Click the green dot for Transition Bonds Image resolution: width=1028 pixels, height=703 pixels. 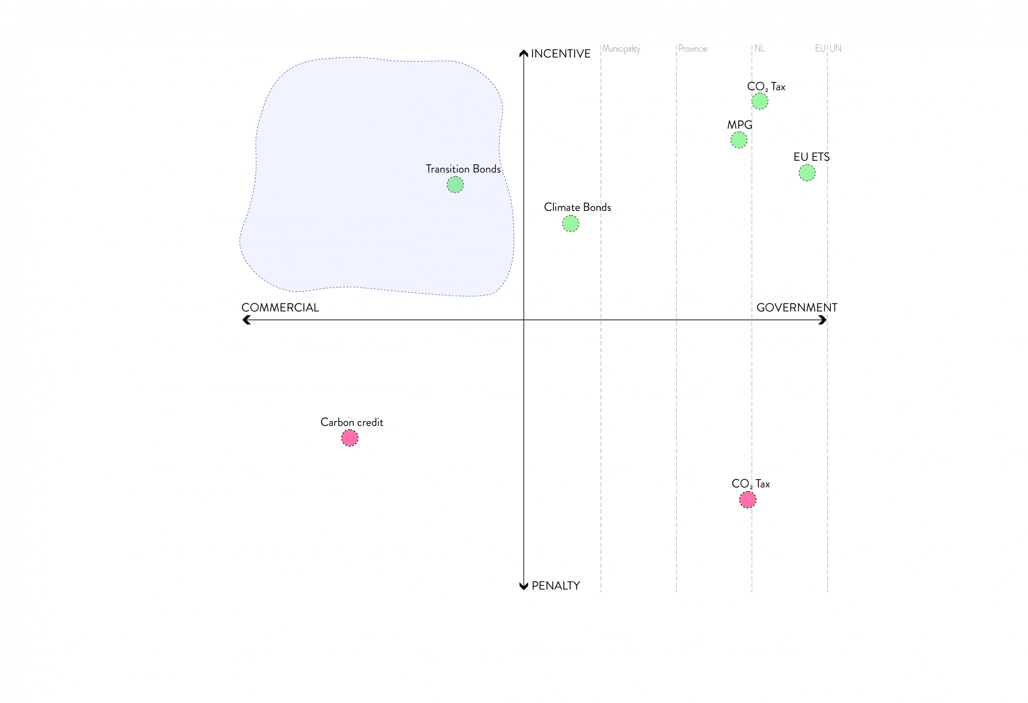tap(455, 184)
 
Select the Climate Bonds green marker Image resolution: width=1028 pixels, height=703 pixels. tap(571, 223)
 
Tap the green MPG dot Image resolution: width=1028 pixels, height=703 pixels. tap(739, 140)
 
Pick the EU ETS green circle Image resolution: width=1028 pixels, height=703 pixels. tap(807, 173)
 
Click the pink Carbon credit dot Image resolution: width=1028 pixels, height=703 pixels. tap(350, 438)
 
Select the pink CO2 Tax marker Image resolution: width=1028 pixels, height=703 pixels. tap(748, 499)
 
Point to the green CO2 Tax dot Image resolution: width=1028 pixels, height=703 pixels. tap(760, 101)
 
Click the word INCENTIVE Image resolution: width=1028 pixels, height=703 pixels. tap(561, 53)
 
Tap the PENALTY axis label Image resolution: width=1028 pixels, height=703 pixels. tap(556, 586)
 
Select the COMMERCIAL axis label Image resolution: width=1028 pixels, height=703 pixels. tap(280, 307)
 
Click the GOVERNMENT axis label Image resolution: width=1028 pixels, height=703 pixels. tap(797, 307)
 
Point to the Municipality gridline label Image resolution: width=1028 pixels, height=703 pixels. tap(621, 49)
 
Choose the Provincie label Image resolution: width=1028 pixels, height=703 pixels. tap(693, 49)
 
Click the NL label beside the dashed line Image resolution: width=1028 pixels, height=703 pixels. tap(759, 49)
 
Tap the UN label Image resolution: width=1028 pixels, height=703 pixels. tap(835, 48)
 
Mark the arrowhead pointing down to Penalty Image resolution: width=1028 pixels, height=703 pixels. tap(524, 586)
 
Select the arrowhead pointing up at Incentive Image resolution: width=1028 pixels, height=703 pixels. tap(524, 53)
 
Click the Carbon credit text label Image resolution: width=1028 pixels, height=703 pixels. tap(352, 422)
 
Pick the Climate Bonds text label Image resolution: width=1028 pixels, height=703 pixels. tap(577, 207)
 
